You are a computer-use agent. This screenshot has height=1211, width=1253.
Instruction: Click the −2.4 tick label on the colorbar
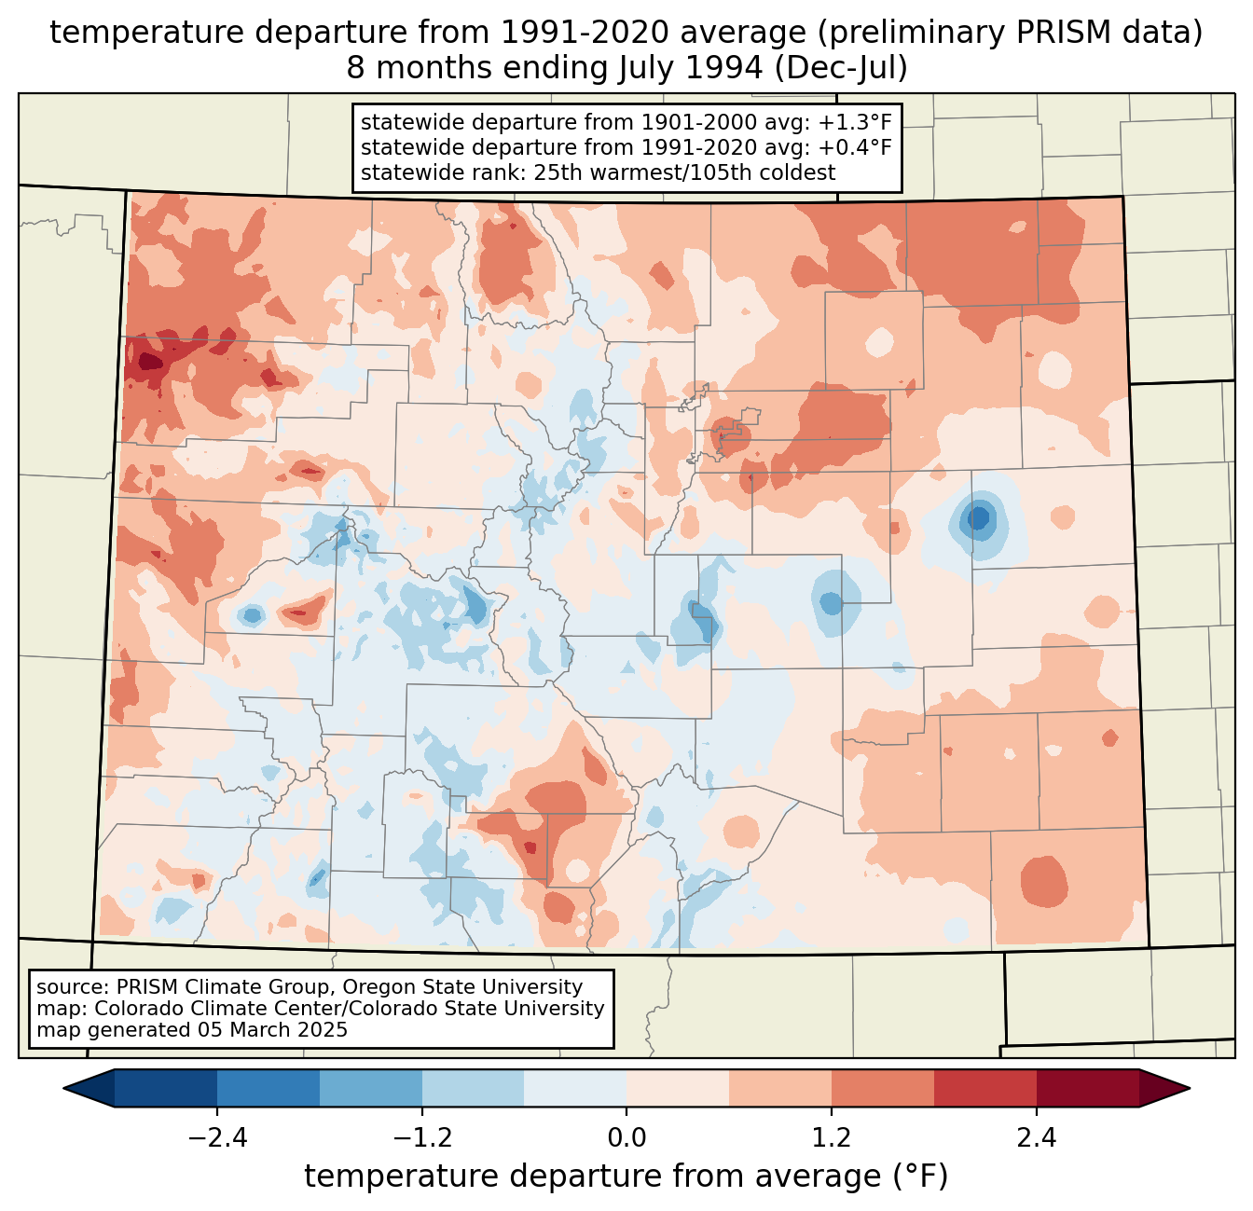217,1138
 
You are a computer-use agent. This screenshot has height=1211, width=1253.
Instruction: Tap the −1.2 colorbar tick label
421,1138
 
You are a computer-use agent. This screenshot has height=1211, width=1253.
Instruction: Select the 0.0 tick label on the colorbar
626,1138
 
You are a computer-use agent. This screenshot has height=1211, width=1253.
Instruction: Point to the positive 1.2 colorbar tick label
832,1138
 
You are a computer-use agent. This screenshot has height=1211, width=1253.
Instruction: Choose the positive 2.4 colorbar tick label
1036,1138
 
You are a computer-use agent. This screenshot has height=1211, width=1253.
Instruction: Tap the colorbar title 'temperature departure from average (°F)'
626,1177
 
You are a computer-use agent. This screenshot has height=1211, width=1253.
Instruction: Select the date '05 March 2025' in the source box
272,1030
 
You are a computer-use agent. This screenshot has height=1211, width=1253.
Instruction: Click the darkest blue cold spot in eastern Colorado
977,517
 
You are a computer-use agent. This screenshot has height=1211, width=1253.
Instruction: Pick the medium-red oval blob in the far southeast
1043,881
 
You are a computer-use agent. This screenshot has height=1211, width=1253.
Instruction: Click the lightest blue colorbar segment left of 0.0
575,1088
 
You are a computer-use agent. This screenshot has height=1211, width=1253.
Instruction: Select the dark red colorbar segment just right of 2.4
1087,1088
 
